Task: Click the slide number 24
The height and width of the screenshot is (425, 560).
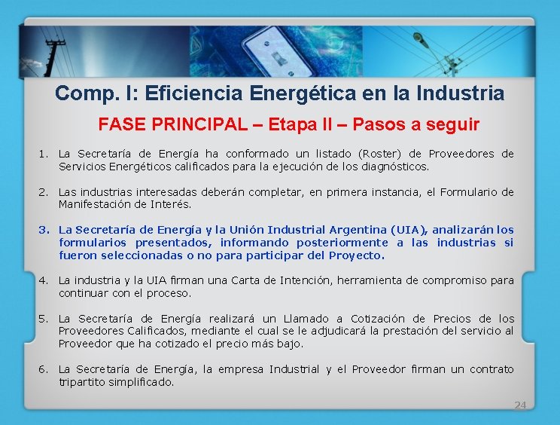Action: (x=519, y=405)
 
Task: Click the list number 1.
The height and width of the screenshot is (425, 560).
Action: (x=44, y=154)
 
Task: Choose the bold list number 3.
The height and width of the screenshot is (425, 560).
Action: (x=44, y=230)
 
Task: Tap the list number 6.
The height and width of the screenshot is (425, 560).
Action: (x=44, y=369)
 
